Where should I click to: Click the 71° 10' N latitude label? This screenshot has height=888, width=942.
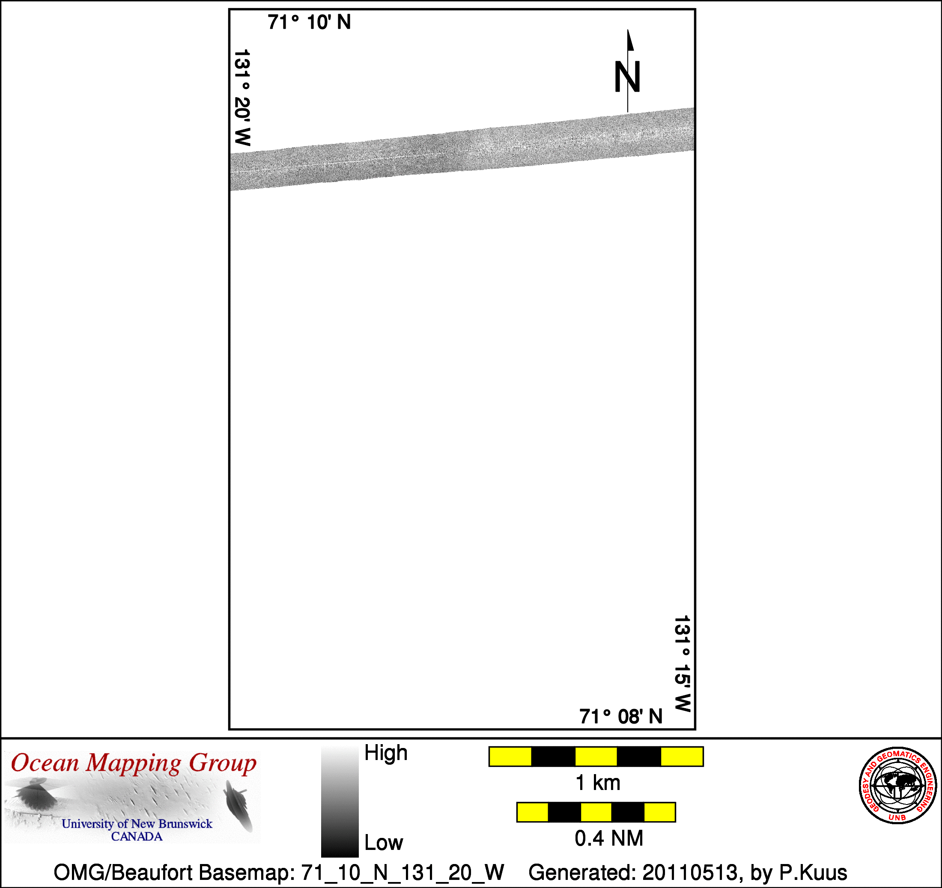309,22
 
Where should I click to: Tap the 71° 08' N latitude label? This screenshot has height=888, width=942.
621,716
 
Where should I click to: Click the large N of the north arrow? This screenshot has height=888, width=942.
627,77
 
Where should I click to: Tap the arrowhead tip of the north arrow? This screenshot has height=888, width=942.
628,30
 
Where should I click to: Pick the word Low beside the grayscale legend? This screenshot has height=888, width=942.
384,843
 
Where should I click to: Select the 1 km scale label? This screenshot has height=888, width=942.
597,783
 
